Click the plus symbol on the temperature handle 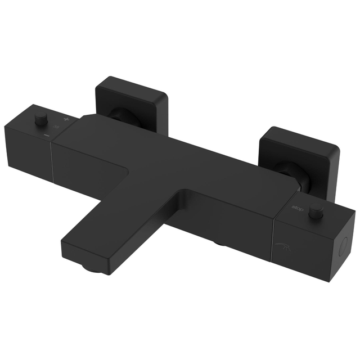[66, 120]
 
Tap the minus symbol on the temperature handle [47, 135]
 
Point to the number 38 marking [56, 127]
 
